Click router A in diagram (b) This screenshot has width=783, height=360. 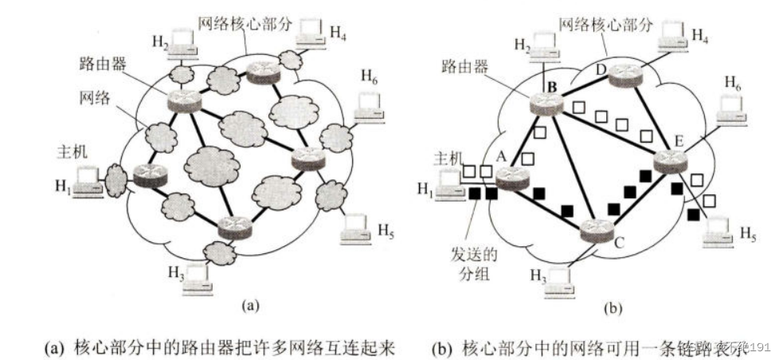click(x=512, y=178)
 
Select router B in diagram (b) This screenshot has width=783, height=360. click(x=546, y=102)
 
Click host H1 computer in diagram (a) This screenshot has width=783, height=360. click(x=86, y=182)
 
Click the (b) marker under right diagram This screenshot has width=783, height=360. click(x=609, y=304)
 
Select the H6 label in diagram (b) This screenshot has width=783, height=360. click(x=734, y=81)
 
